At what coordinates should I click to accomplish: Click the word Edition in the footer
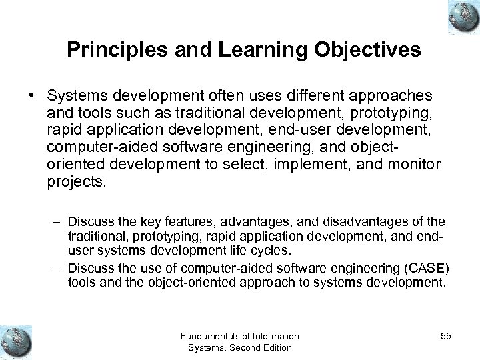[x=278, y=348]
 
